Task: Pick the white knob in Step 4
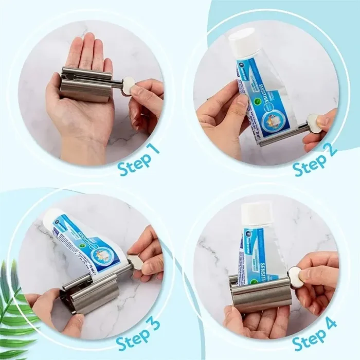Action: click(x=295, y=277)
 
